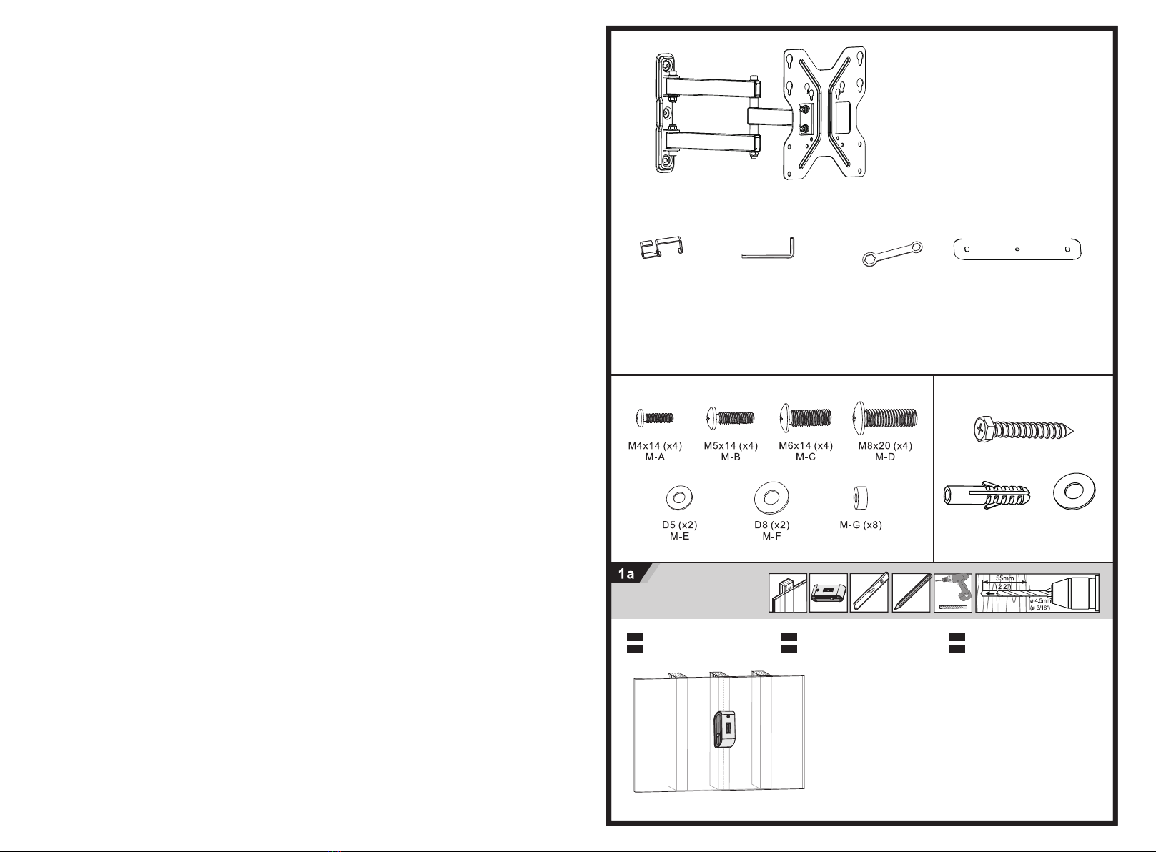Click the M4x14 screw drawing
655,417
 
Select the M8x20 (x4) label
885,446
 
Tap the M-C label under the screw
806,457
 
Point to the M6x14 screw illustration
806,417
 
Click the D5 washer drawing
679,498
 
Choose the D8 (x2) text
772,525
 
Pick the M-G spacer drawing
860,498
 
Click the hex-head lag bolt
1024,430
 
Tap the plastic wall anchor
987,495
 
